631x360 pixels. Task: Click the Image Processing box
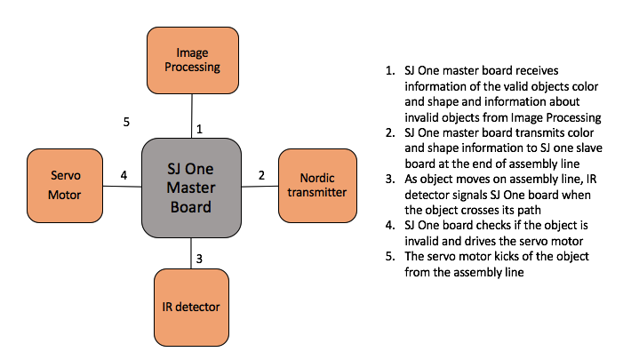pyautogui.click(x=193, y=60)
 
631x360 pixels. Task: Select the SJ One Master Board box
pyautogui.click(x=192, y=188)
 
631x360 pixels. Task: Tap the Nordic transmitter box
pyautogui.click(x=317, y=186)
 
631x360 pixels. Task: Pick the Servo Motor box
pyautogui.click(x=65, y=186)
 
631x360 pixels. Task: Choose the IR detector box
pyautogui.click(x=191, y=308)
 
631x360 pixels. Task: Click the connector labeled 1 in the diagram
pyautogui.click(x=192, y=116)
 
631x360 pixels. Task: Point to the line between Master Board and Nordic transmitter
pyautogui.click(x=260, y=187)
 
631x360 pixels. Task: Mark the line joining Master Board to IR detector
pyautogui.click(x=191, y=253)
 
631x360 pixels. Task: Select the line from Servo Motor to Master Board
pyautogui.click(x=122, y=186)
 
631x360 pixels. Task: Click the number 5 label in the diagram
pyautogui.click(x=126, y=122)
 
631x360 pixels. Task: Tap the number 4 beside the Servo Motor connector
pyautogui.click(x=124, y=175)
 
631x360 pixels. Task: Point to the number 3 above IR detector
pyautogui.click(x=199, y=259)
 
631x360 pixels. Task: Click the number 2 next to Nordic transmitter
pyautogui.click(x=261, y=175)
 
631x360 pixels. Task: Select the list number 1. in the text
pyautogui.click(x=390, y=71)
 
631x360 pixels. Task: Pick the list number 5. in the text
pyautogui.click(x=390, y=257)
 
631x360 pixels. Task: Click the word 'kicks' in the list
pyautogui.click(x=507, y=257)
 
